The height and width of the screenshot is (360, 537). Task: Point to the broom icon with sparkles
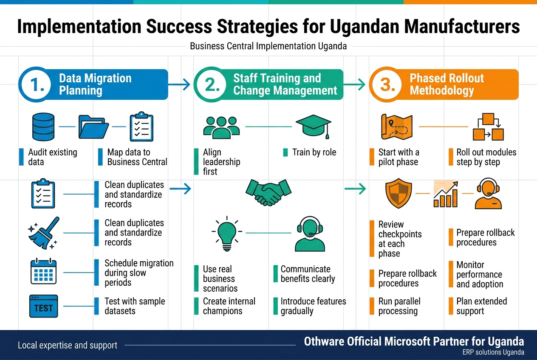[43, 233]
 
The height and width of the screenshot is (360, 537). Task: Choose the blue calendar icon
[44, 271]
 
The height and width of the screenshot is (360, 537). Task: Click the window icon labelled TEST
[43, 307]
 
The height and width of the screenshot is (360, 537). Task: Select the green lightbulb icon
[227, 233]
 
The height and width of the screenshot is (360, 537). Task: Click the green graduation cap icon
[313, 126]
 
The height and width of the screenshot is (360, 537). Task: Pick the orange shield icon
[399, 194]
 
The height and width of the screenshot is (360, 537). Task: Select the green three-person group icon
[221, 126]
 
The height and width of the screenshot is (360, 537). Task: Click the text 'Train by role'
[314, 152]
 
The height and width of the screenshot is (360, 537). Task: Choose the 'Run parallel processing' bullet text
[399, 306]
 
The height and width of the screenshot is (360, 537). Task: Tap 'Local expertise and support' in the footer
[68, 345]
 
